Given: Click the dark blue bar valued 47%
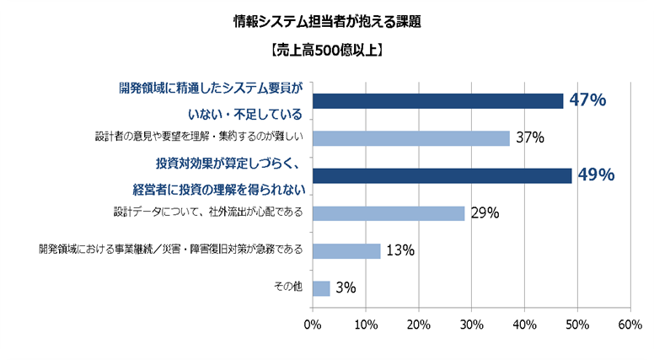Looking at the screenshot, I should [437, 101].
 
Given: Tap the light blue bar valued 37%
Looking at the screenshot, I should [411, 138].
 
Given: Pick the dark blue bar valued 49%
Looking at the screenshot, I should [442, 175].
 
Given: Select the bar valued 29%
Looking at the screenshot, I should [389, 213].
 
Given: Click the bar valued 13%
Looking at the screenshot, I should [346, 250].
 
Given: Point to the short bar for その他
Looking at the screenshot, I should [321, 288].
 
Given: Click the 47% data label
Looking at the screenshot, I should [587, 100].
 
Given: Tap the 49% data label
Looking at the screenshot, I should [596, 175].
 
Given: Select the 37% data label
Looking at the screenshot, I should [530, 138].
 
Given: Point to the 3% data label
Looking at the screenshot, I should [346, 288].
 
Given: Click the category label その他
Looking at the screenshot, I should [288, 287].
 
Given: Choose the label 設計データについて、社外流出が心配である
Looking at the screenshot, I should [207, 211].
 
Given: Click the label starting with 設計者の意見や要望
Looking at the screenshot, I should [199, 137].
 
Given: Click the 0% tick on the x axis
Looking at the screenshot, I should [313, 324].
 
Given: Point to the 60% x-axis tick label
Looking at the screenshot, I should [630, 324].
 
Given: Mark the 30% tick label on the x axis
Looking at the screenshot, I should [471, 324].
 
